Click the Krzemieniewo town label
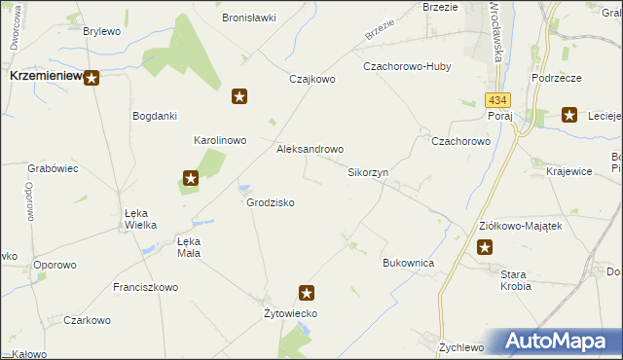(44, 75)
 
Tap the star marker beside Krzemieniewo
(91, 78)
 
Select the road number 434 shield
(496, 100)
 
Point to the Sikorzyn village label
(368, 172)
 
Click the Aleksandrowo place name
(311, 150)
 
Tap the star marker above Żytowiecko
(307, 292)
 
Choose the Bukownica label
(408, 264)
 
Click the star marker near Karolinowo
(191, 178)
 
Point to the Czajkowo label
(311, 80)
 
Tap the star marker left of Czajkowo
(239, 96)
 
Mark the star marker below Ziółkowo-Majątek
(485, 247)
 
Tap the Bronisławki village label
(249, 18)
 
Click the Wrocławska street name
(498, 29)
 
